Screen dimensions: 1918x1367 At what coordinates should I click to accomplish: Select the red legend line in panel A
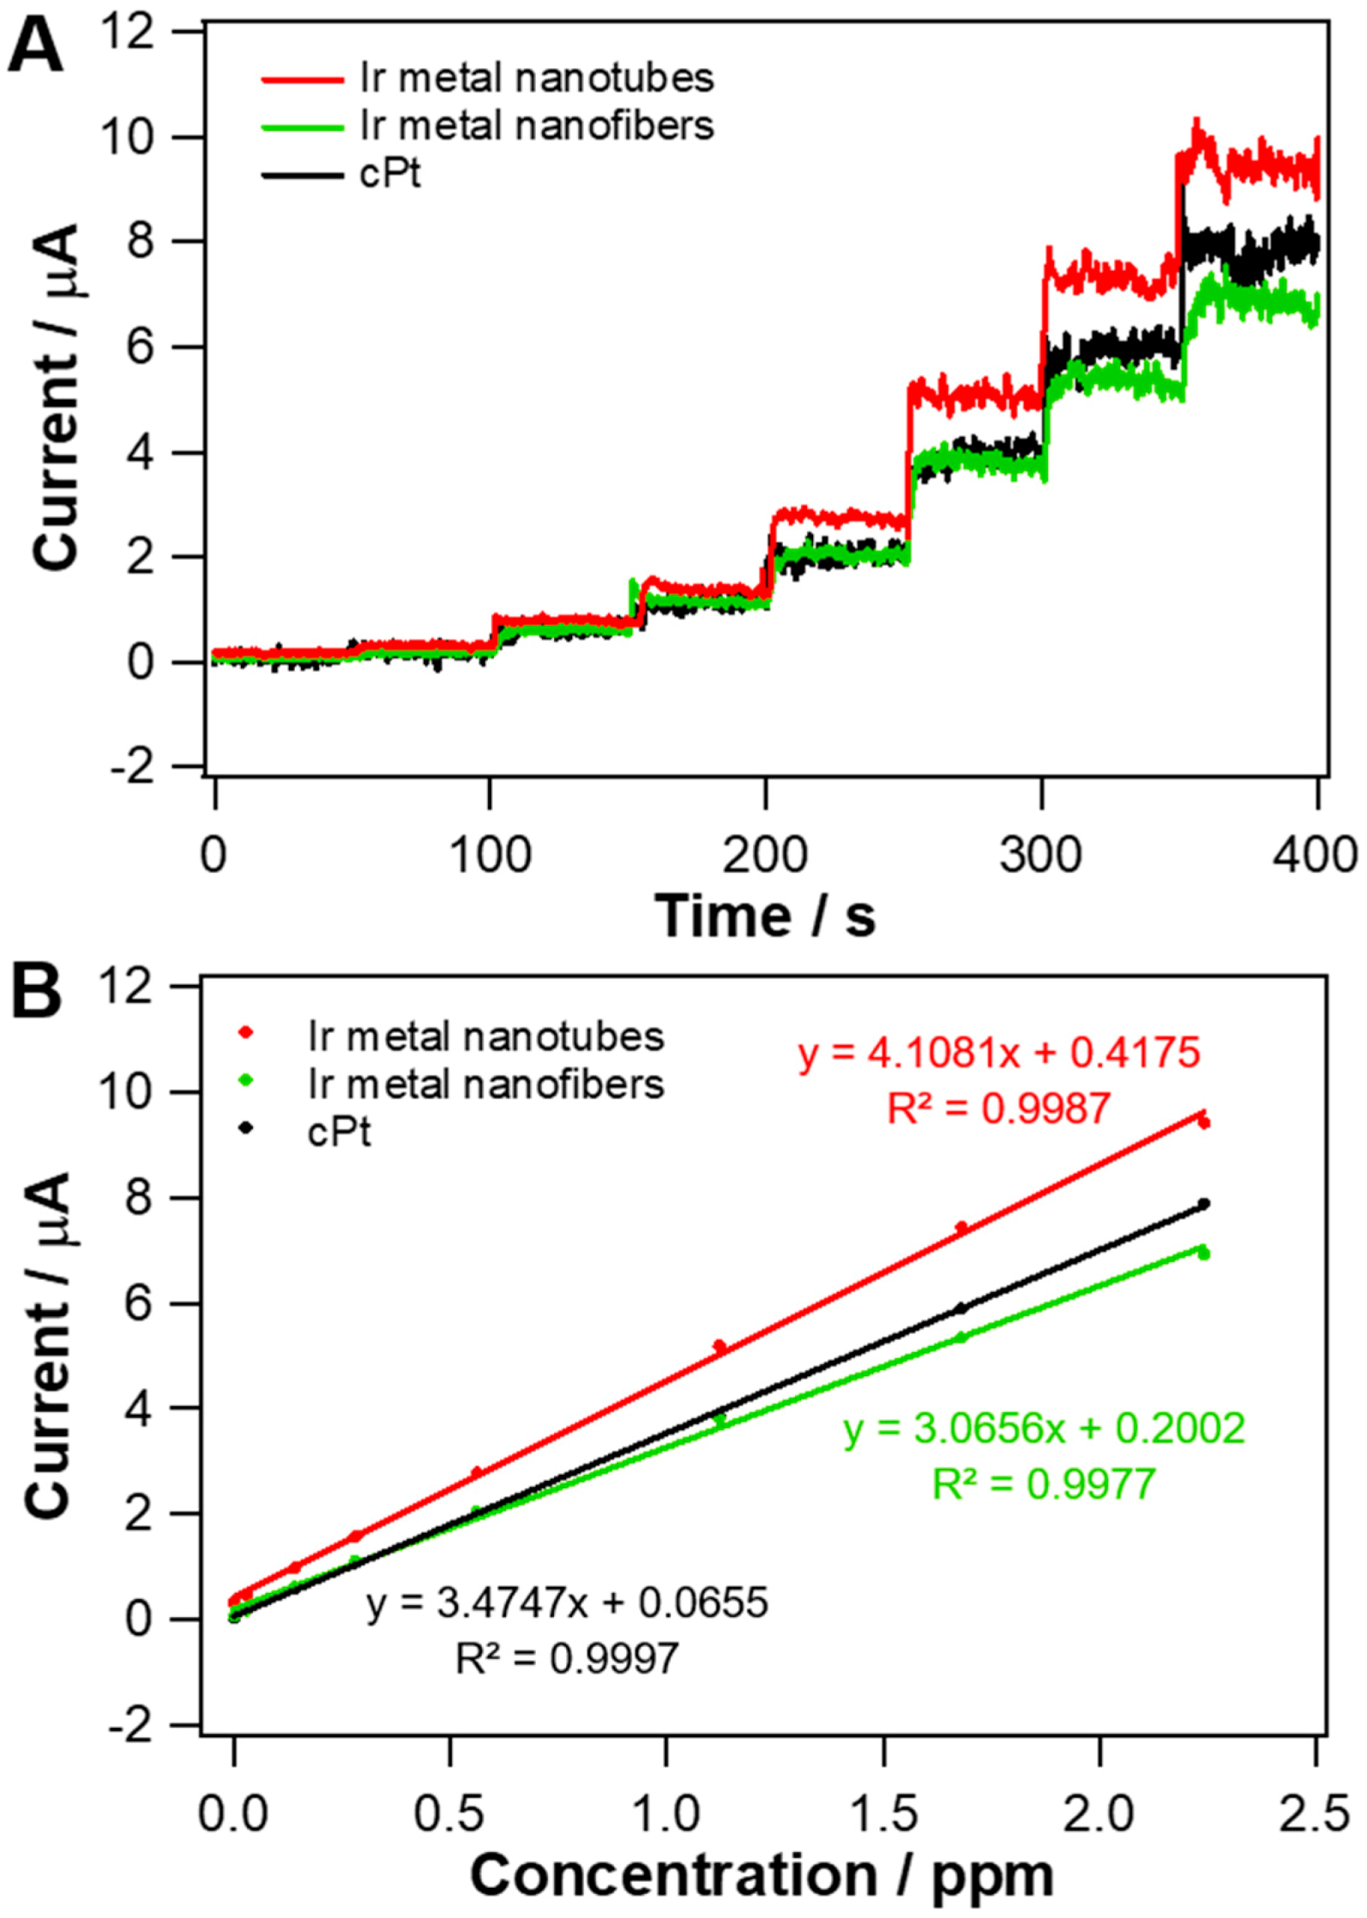pos(302,79)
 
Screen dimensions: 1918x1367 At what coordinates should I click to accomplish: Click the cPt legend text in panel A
pos(391,175)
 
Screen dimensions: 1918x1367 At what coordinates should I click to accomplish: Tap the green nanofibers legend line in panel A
pos(302,126)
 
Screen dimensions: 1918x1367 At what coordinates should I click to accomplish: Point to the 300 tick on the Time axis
pos(1041,856)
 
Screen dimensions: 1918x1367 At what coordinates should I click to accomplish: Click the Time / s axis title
pos(765,915)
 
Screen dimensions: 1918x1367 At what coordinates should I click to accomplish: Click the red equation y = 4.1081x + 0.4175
pos(999,1053)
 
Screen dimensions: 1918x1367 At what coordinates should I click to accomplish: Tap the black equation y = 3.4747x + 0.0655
pos(567,1603)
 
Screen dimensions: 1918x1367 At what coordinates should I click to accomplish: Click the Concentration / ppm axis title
pos(761,1875)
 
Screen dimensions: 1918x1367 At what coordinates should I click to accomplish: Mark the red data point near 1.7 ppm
pos(961,1227)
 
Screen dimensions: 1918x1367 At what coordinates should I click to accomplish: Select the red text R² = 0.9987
pos(998,1109)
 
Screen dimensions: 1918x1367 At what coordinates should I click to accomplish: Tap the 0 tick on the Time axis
pos(214,856)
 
